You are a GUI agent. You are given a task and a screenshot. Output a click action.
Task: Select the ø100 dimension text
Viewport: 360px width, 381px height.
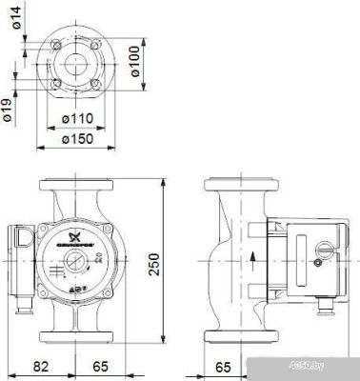coord(135,62)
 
